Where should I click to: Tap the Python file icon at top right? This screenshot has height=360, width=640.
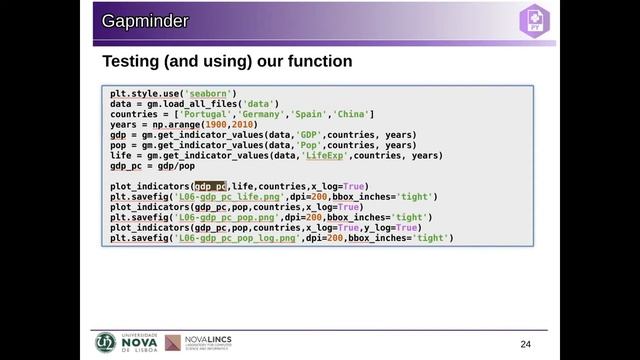click(x=532, y=19)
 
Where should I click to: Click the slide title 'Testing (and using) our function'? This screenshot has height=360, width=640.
click(x=227, y=62)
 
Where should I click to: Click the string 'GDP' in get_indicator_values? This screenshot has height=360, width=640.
click(x=306, y=135)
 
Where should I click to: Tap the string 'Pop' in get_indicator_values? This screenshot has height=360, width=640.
click(x=306, y=146)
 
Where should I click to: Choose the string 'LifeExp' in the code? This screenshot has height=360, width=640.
click(x=325, y=156)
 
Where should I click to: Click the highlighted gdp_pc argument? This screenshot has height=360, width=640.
click(x=210, y=187)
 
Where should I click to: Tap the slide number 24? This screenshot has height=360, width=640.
click(x=526, y=344)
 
